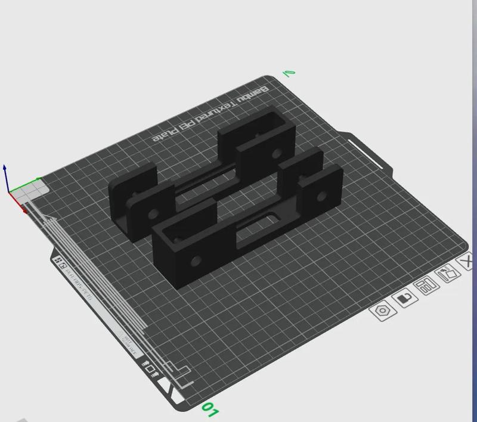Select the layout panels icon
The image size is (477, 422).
pyautogui.click(x=427, y=286)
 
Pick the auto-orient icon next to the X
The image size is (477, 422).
pyautogui.click(x=448, y=274)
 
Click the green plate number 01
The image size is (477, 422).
pyautogui.click(x=210, y=409)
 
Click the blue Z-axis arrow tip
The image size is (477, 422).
pyautogui.click(x=5, y=167)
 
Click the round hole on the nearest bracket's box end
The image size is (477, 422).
pyautogui.click(x=196, y=260)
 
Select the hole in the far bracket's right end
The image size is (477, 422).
pyautogui.click(x=275, y=154)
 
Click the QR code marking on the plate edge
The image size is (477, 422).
pyautogui.click(x=60, y=263)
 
